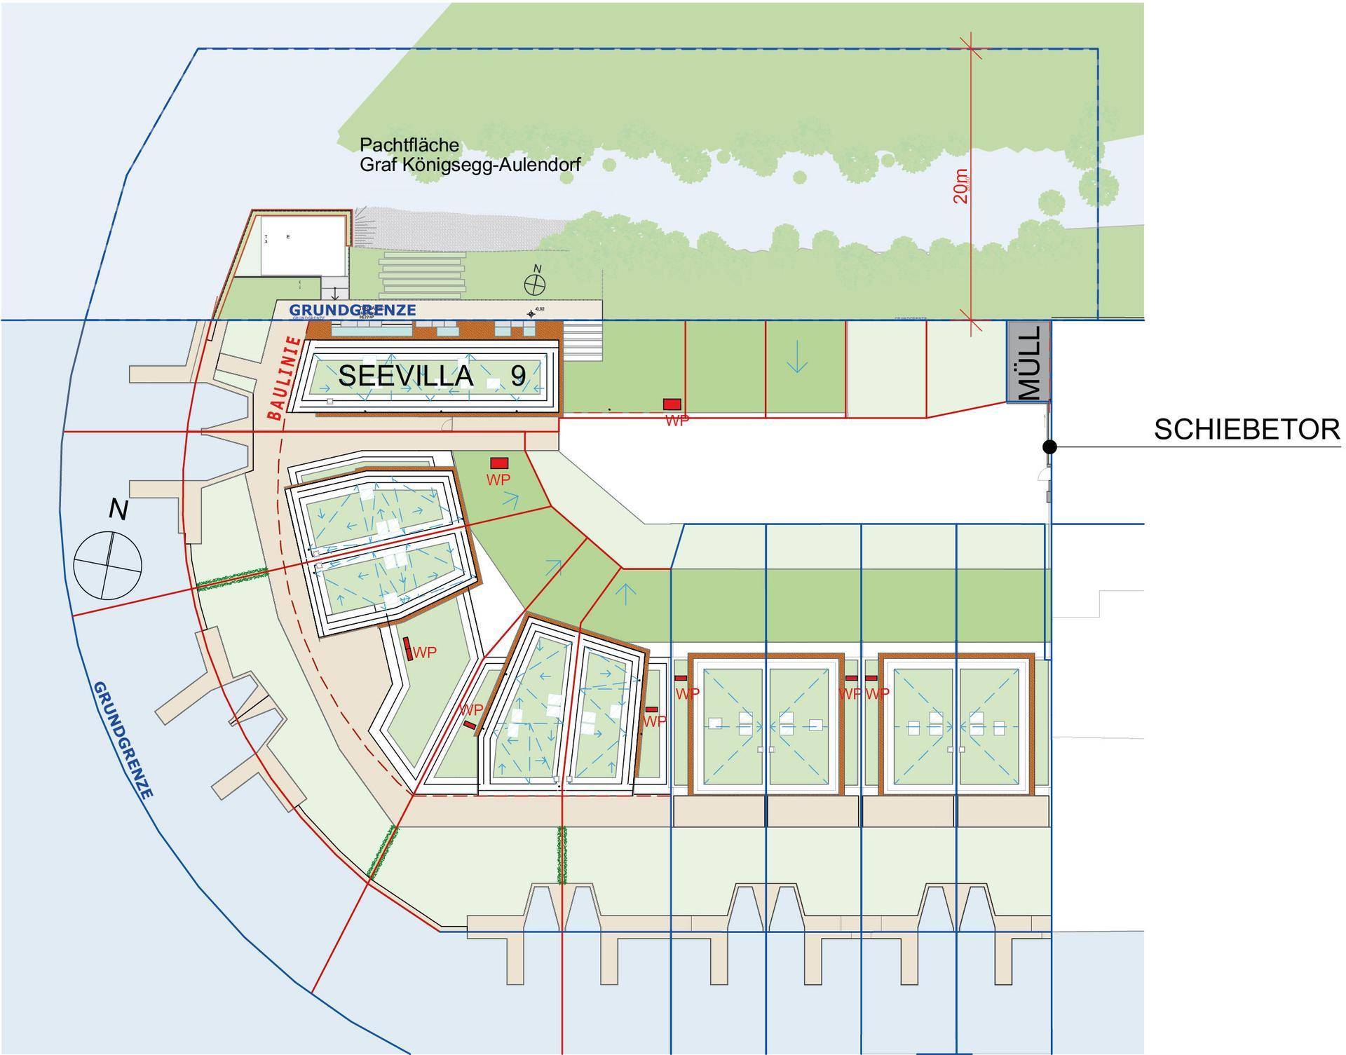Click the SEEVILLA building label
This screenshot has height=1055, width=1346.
pos(406,376)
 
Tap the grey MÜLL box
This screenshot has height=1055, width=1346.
pos(1028,362)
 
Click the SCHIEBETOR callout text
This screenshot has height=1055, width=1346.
pos(1246,430)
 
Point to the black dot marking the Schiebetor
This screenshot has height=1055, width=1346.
pos(1049,447)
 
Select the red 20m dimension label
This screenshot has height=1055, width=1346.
pos(960,186)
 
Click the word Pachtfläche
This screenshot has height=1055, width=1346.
pos(409,145)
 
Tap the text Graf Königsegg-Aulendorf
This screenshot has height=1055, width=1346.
pos(470,165)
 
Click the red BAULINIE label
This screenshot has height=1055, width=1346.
pos(285,379)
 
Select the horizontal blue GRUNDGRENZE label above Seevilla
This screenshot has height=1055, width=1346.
pos(353,310)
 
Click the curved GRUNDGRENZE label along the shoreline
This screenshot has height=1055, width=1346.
pos(123,740)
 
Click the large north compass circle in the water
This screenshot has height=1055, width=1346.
pos(108,565)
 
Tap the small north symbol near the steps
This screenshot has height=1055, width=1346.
pos(536,284)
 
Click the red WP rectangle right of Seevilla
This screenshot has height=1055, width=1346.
pos(672,404)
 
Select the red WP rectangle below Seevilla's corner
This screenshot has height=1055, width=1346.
pos(499,463)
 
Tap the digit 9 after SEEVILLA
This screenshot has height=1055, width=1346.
pos(517,376)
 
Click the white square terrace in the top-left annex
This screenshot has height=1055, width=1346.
pos(304,245)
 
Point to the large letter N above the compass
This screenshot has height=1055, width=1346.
pos(118,510)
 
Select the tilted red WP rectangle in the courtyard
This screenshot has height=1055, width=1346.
pos(408,648)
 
